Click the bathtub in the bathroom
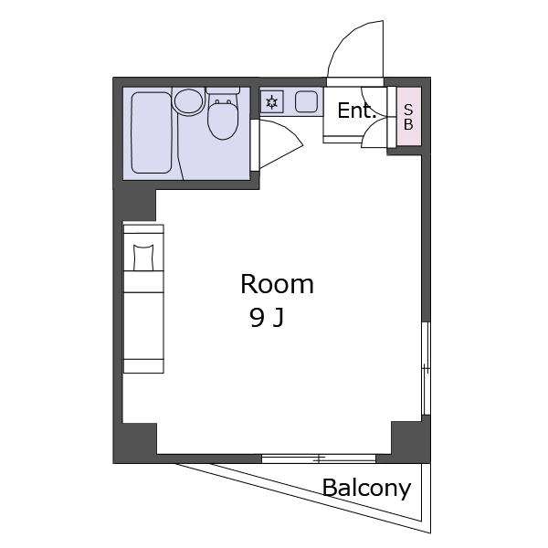point(152,132)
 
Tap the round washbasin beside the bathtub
point(189,101)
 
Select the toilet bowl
point(223,120)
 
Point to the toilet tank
point(223,90)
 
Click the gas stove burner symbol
point(271,102)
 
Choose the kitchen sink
point(306,101)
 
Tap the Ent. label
point(356,111)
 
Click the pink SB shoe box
point(409,116)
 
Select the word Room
point(277,284)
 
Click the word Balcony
point(366,489)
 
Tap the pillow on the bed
point(143,258)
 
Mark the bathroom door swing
point(280,144)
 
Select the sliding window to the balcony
point(319,458)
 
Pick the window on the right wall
point(426,368)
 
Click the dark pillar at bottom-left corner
point(135,443)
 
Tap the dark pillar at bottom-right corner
point(411,442)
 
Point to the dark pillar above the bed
point(134,205)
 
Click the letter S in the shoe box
point(408,110)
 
